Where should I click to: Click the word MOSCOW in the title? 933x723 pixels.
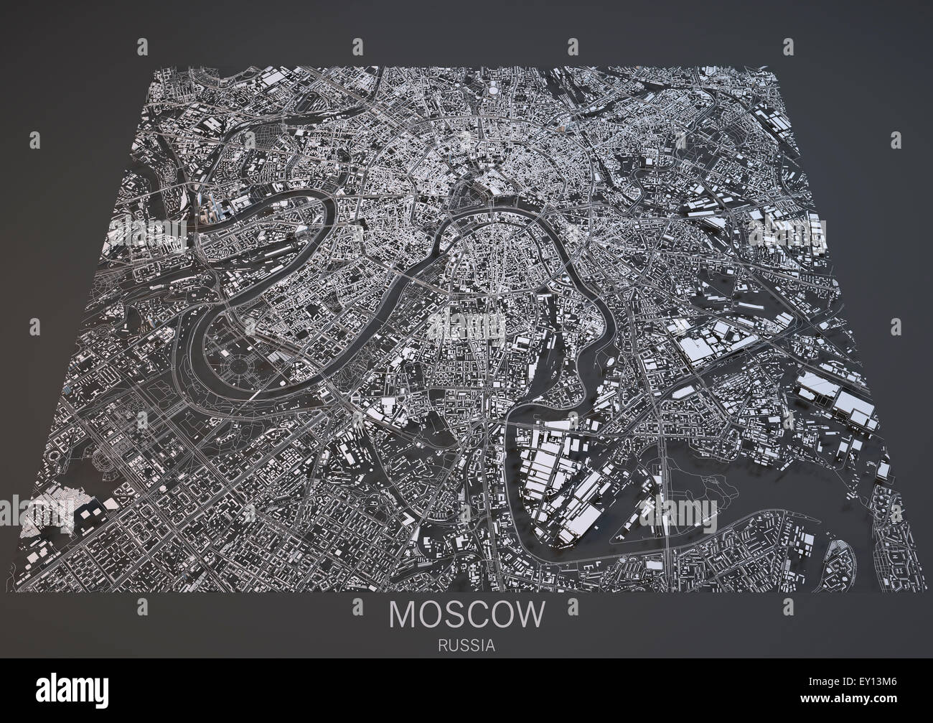pyautogui.click(x=466, y=614)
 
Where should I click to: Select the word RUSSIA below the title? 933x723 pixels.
pyautogui.click(x=466, y=645)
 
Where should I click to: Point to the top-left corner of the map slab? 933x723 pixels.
pyautogui.click(x=156, y=68)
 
